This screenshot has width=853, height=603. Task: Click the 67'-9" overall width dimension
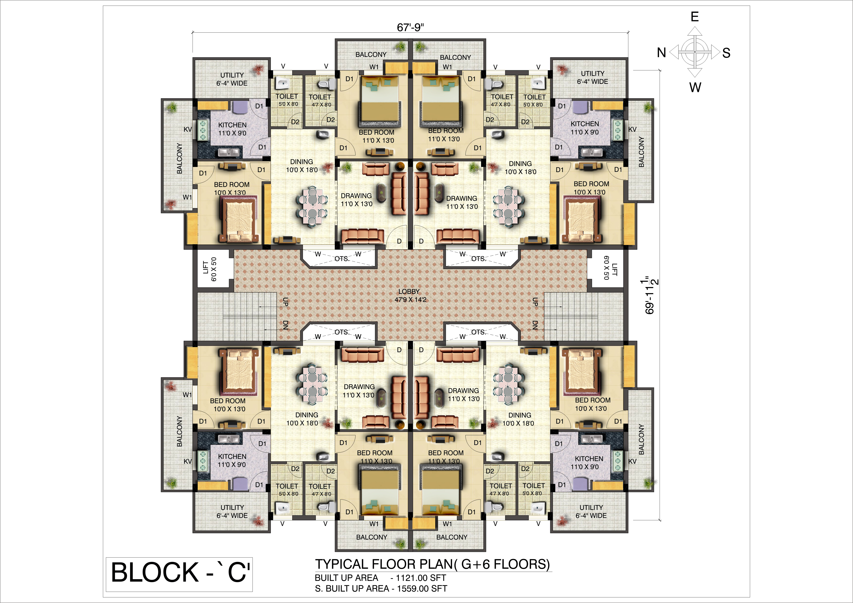[x=410, y=27]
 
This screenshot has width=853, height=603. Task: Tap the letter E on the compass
[x=695, y=17]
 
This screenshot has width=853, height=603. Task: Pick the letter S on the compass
[x=726, y=53]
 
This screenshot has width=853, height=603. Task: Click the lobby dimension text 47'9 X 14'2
[x=410, y=300]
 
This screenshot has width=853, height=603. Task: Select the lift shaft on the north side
[x=213, y=269]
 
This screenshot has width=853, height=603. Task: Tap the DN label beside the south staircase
[x=535, y=325]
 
